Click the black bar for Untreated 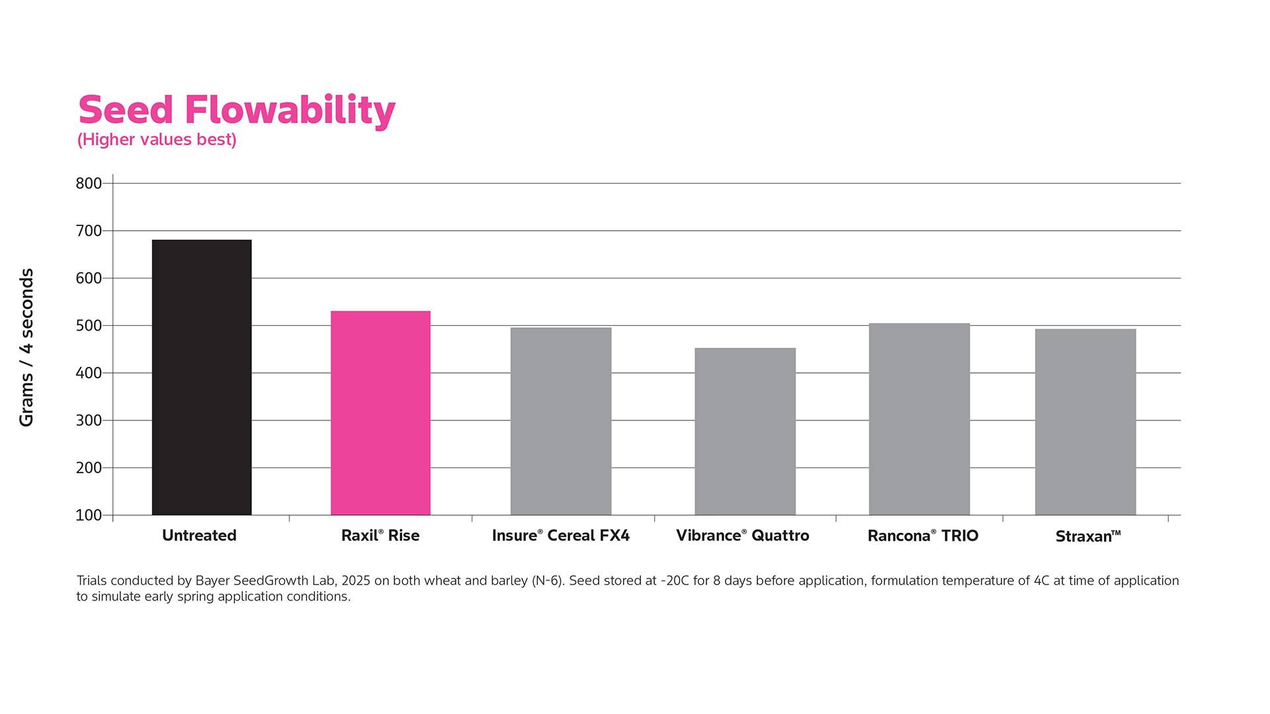(x=202, y=377)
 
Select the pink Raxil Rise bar (x=380, y=413)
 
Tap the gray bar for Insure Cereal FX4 (x=561, y=421)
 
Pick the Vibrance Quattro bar (x=745, y=431)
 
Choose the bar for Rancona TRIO (x=919, y=419)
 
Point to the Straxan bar (x=1085, y=422)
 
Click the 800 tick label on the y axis (x=89, y=184)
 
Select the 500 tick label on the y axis (x=89, y=326)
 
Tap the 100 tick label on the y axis (x=89, y=516)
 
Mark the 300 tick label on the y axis (x=89, y=420)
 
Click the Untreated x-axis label (x=199, y=535)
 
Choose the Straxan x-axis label (x=1087, y=536)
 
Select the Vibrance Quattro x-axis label (x=742, y=535)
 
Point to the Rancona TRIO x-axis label (x=923, y=535)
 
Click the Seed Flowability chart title (x=237, y=110)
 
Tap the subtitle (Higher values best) (x=157, y=140)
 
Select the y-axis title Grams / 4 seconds (x=26, y=347)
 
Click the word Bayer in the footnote (x=212, y=581)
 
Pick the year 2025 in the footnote (x=356, y=581)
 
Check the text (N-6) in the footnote (x=548, y=581)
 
